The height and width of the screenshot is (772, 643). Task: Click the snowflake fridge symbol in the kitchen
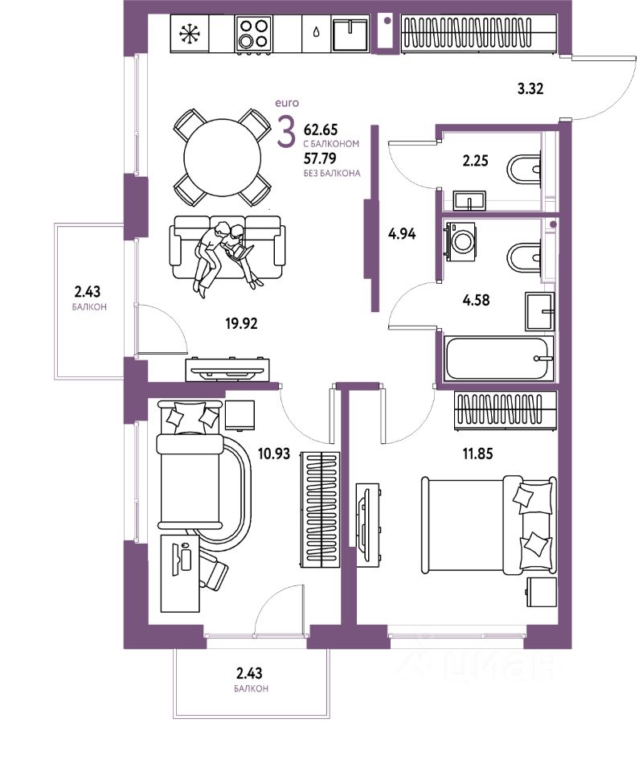190,34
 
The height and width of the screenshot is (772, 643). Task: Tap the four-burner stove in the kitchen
253,35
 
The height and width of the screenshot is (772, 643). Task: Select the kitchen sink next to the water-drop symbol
352,35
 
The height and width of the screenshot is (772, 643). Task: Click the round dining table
223,157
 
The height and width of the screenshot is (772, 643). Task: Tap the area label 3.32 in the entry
530,88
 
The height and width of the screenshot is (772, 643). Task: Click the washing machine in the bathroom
461,240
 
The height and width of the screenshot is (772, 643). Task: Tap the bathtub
498,359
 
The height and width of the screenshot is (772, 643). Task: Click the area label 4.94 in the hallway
403,235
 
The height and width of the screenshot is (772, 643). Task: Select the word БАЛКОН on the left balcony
88,307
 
